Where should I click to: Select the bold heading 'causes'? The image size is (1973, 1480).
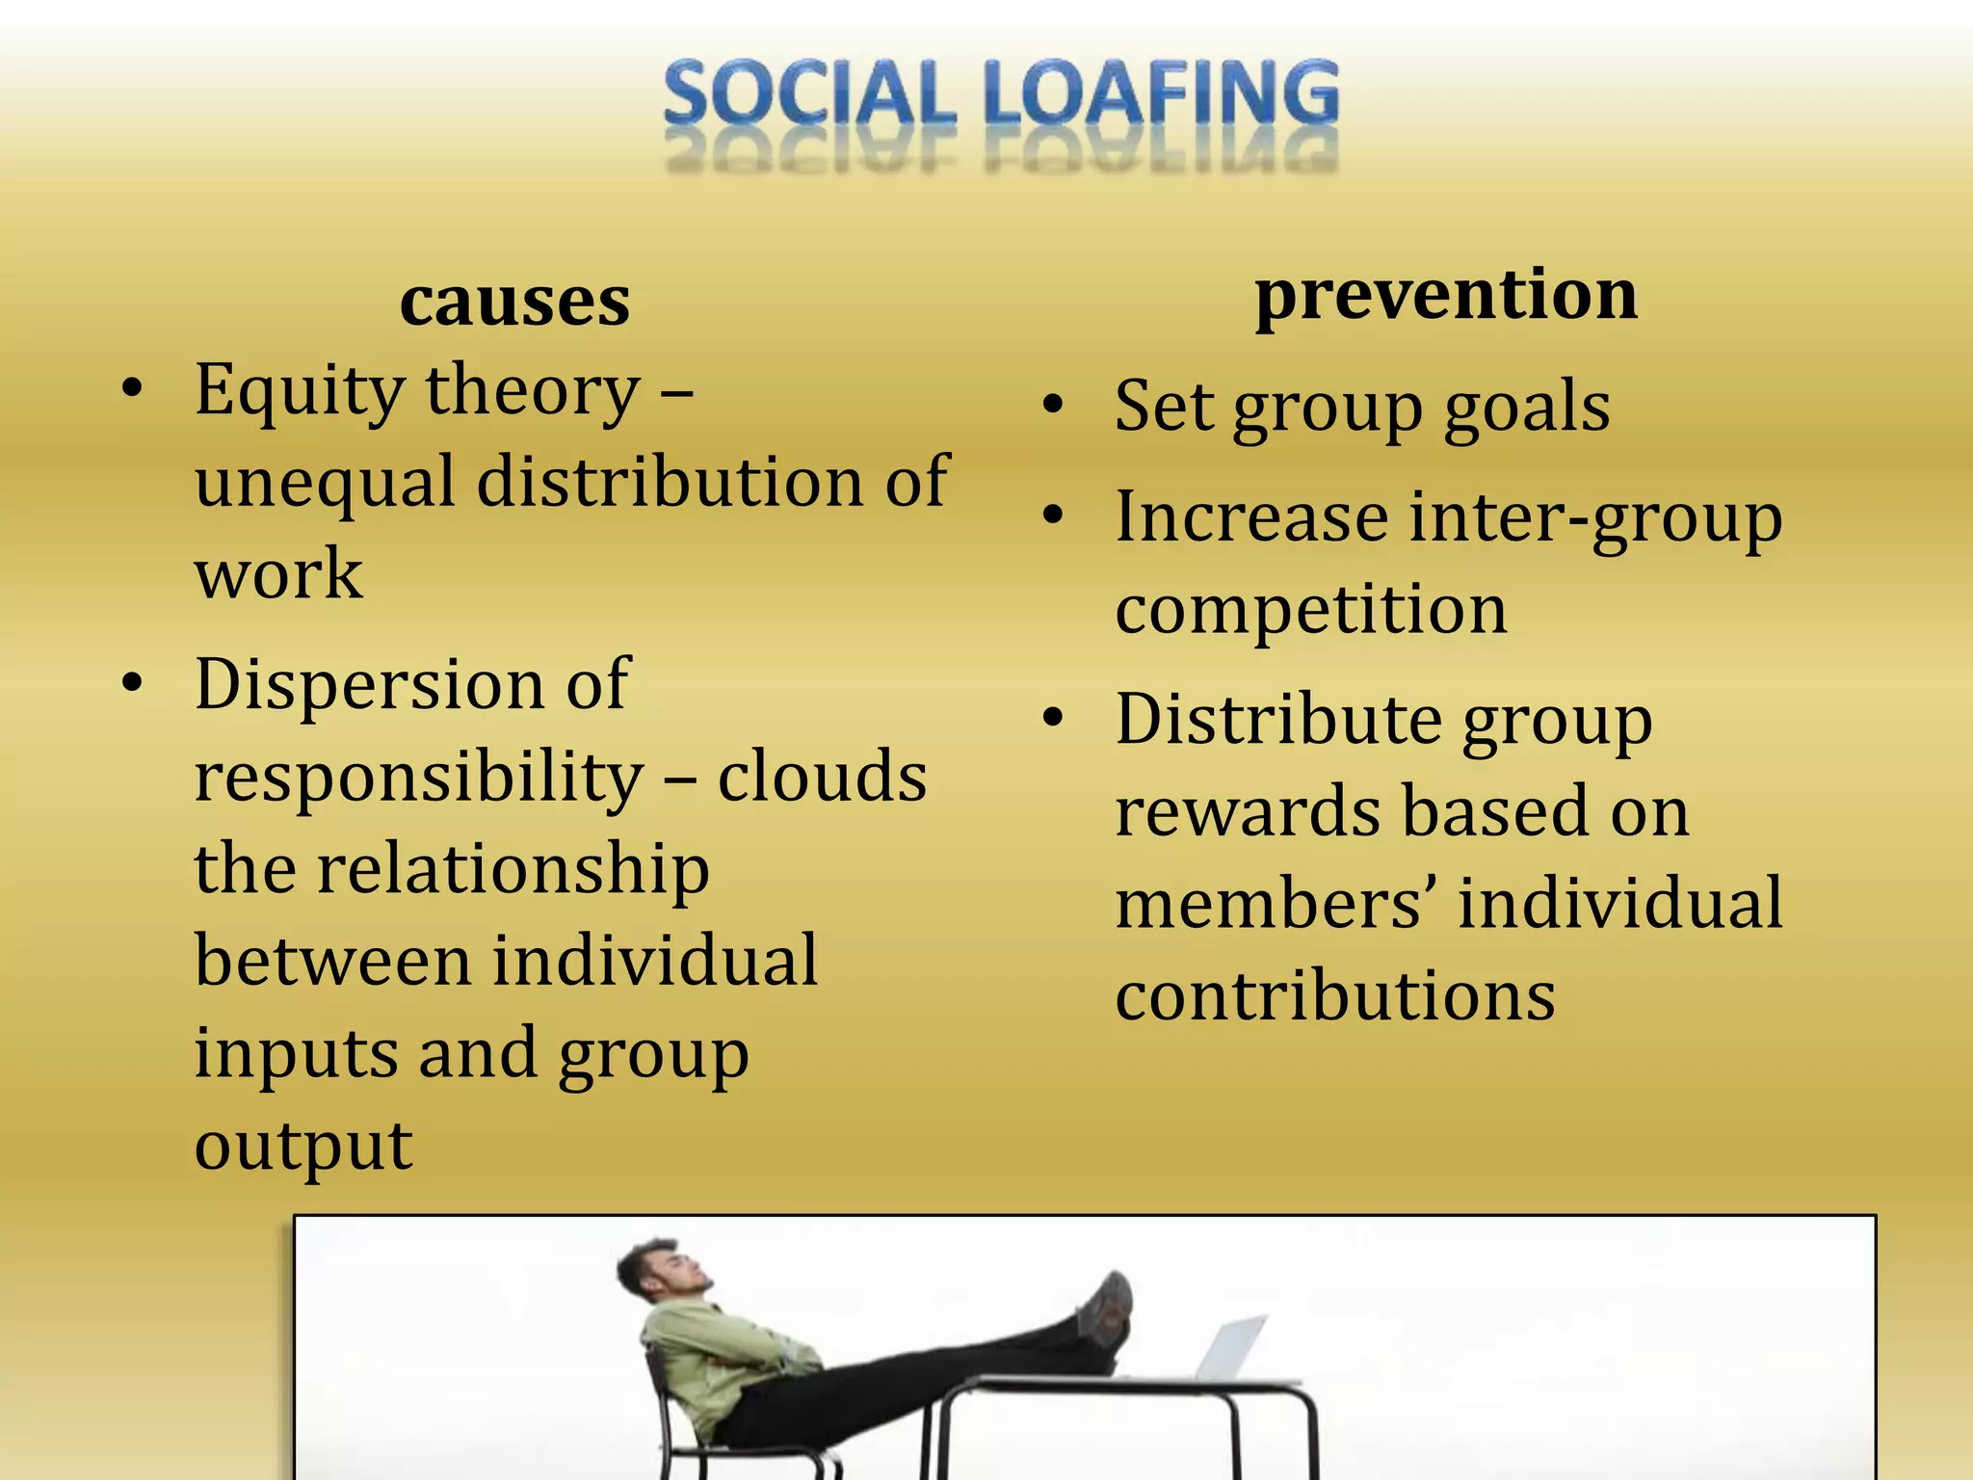pos(514,302)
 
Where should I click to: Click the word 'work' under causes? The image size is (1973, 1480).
pos(278,573)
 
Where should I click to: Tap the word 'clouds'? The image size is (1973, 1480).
pos(822,777)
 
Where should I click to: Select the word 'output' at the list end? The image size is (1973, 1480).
pos(303,1147)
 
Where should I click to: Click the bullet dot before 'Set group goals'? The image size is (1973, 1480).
pos(1055,406)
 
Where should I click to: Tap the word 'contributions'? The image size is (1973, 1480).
pos(1335,996)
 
